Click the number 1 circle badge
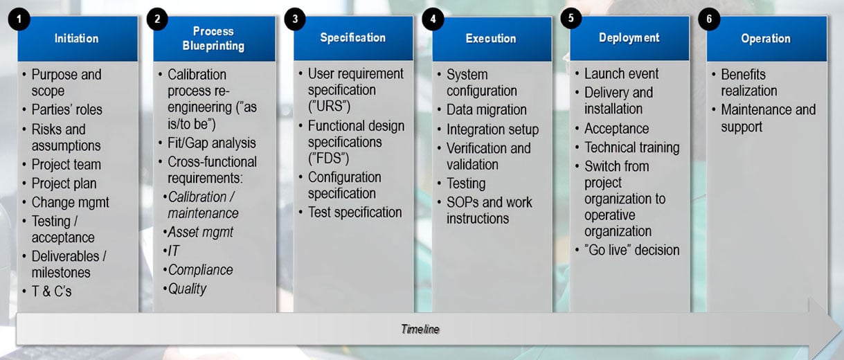[19, 19]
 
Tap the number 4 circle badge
[433, 19]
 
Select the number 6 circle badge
[708, 19]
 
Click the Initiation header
[77, 39]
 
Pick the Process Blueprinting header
[213, 39]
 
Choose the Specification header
[352, 38]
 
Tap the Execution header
[491, 39]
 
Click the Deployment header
[629, 38]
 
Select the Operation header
[766, 39]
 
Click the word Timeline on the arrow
[420, 329]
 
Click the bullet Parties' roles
[66, 109]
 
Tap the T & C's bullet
[51, 291]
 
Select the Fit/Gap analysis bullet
[211, 143]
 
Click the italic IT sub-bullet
[173, 251]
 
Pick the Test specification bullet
[354, 213]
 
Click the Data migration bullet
[486, 109]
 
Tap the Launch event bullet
[621, 74]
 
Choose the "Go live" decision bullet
[631, 250]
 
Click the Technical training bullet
[631, 147]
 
